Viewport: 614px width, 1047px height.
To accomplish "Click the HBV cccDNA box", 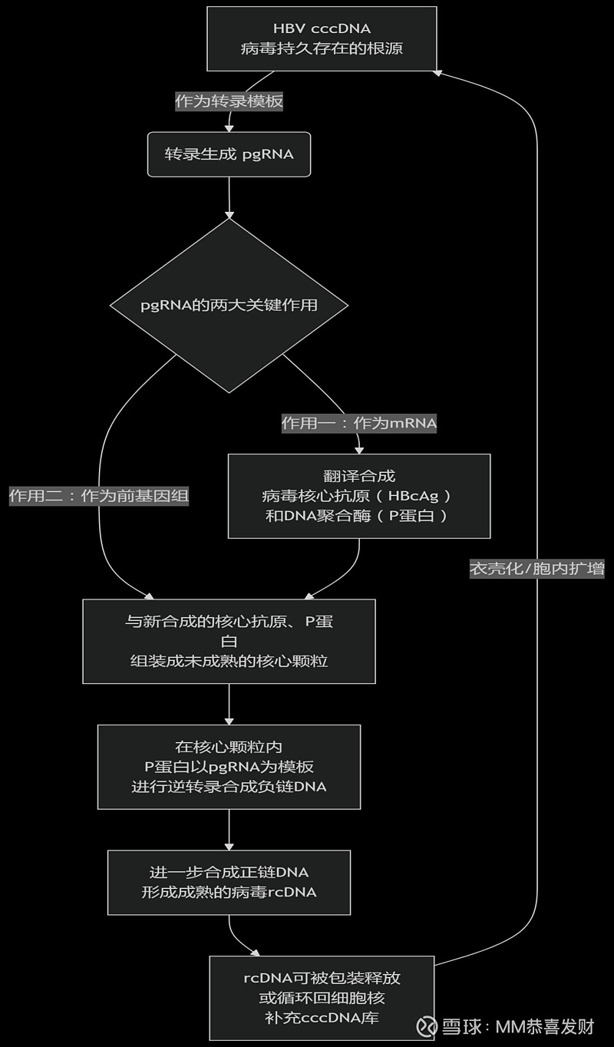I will [322, 38].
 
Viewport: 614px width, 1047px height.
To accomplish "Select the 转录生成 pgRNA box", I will [229, 154].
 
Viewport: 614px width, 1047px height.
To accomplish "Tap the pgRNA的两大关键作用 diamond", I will [229, 306].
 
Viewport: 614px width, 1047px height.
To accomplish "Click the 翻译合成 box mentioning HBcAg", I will [358, 496].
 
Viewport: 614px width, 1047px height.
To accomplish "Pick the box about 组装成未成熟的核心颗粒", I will [229, 641].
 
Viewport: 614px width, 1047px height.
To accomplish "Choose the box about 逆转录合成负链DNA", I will [229, 766].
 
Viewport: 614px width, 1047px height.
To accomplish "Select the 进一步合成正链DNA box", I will [229, 882].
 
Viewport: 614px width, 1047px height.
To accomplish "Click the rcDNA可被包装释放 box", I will [322, 998].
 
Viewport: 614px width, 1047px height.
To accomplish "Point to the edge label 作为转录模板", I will [229, 101].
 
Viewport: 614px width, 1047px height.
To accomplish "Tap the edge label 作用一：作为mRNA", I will [358, 423].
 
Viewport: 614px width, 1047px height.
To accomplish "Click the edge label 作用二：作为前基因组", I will [98, 496].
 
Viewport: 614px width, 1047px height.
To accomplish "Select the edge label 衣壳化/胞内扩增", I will [536, 569].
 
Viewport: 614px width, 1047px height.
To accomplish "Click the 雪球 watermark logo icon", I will [427, 1026].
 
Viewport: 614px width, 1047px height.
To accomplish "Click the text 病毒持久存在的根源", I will [322, 48].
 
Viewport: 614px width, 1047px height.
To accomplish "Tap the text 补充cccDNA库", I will [322, 1018].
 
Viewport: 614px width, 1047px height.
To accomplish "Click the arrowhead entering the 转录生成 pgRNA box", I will [229, 127].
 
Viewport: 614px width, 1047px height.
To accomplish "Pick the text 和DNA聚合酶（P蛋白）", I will [358, 516].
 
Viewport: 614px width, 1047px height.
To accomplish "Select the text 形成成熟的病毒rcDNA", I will [229, 892].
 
